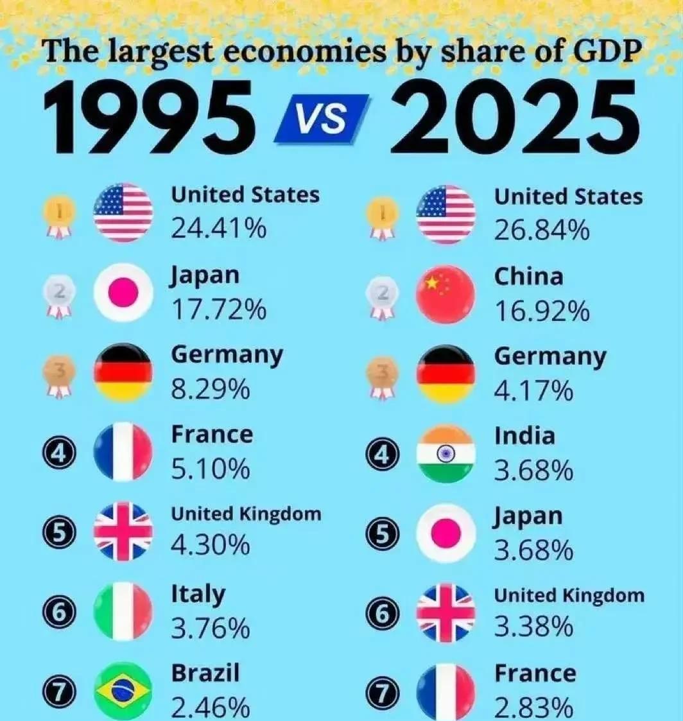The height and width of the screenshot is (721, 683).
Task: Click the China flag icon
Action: point(446,294)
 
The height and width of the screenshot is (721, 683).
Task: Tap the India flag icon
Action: point(446,453)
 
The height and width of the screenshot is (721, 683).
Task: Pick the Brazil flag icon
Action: point(123,691)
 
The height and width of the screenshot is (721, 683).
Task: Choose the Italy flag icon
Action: point(123,611)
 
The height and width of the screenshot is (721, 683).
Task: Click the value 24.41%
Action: point(218,229)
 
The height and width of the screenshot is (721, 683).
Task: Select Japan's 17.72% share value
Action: point(218,309)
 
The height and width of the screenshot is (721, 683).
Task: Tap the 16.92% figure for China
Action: point(541,311)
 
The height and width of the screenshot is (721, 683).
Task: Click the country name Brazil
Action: point(205,673)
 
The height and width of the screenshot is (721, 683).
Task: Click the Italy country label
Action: point(198,594)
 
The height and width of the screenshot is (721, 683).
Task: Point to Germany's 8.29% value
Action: point(210,389)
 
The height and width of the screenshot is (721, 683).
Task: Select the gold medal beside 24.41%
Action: point(59,215)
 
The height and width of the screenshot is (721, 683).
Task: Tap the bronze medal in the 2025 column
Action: point(382,376)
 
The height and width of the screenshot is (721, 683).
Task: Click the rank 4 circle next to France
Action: point(59,454)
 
